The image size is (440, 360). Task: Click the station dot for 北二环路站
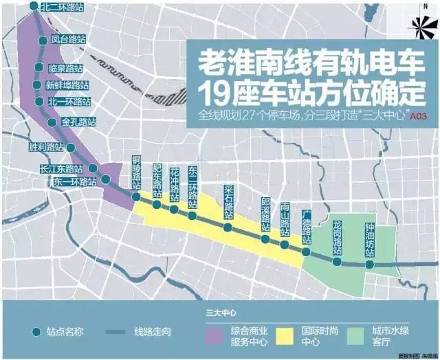[x=34, y=7]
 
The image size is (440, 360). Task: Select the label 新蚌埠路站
[x=67, y=85]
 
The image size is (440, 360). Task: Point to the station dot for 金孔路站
[x=52, y=122]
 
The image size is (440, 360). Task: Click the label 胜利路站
[x=46, y=147]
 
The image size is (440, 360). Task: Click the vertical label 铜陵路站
[x=136, y=172]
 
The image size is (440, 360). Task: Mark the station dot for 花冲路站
[x=175, y=209]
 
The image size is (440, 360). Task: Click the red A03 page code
[x=419, y=117]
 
